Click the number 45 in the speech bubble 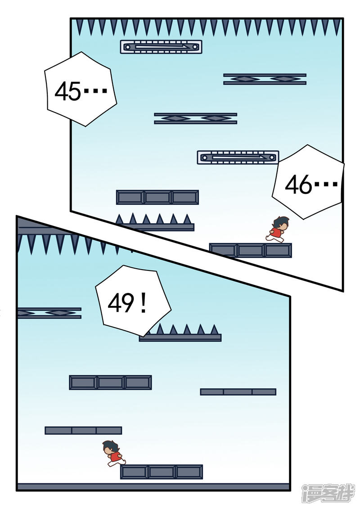[x=67, y=92]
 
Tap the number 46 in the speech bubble [x=299, y=185]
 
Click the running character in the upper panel [x=277, y=230]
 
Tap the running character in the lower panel [x=114, y=453]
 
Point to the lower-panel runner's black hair [x=110, y=446]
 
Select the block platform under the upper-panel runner [x=251, y=250]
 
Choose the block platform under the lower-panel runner [x=162, y=472]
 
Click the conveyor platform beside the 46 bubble [x=238, y=157]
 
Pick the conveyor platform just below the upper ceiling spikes [x=161, y=46]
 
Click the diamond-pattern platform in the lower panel [x=49, y=313]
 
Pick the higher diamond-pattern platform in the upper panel [x=265, y=79]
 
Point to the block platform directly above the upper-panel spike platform [x=157, y=197]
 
